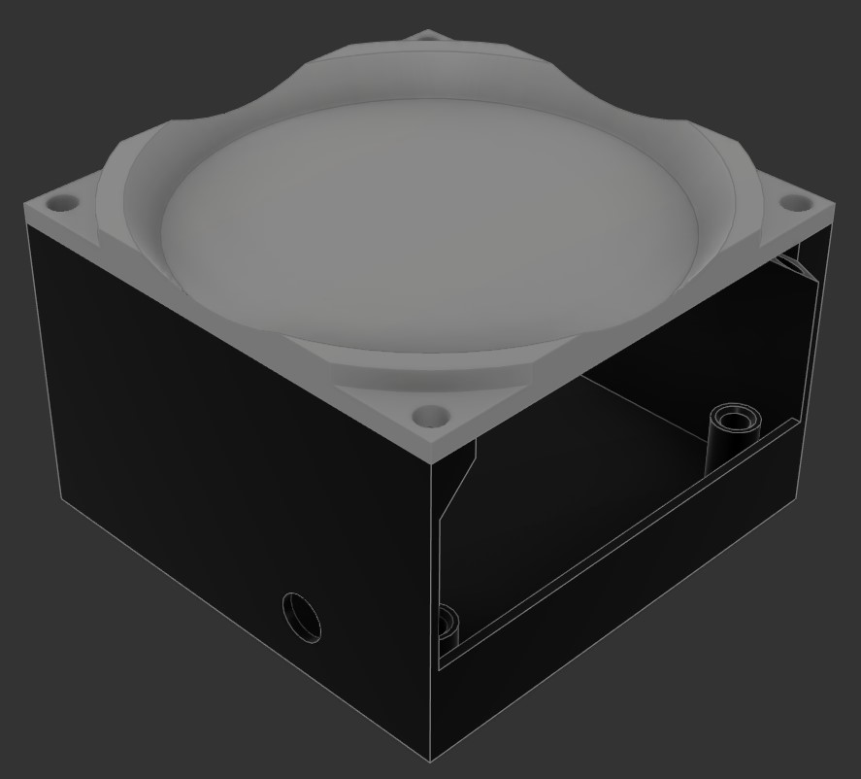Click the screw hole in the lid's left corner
click(x=64, y=204)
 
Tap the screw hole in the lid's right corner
click(x=795, y=203)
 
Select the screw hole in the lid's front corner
click(x=427, y=418)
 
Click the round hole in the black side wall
click(x=301, y=616)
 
